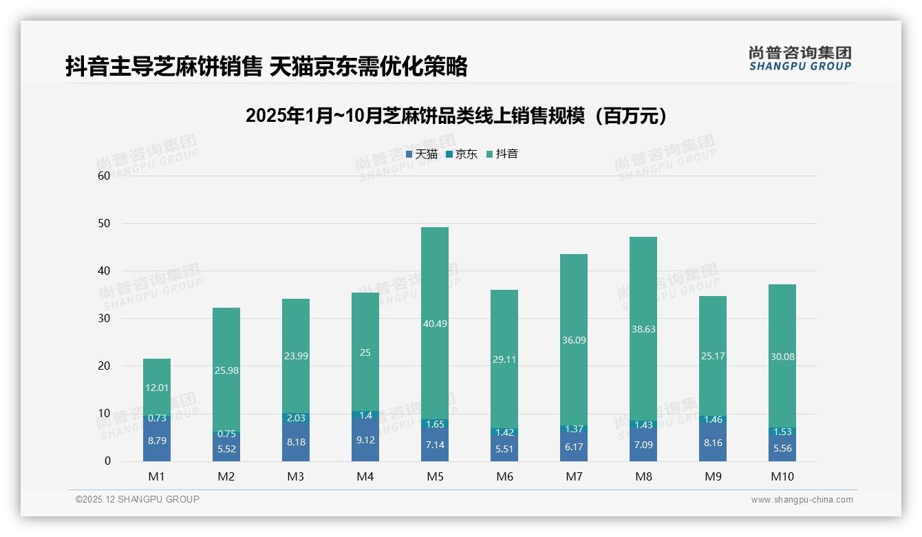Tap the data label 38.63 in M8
coord(643,329)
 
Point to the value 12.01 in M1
coord(157,388)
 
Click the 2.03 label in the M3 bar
coord(296,418)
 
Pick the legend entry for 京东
coord(462,154)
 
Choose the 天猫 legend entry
coord(422,154)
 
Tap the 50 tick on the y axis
coord(104,224)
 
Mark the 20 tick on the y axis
coord(104,366)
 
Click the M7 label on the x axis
coord(573,476)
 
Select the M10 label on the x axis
coord(782,476)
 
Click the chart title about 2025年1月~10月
coord(457,116)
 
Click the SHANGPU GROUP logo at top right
coord(800,59)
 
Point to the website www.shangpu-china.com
coord(802,500)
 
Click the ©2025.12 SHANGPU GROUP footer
coord(138,500)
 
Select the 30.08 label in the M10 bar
coord(782,357)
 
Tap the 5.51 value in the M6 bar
coord(504,449)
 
